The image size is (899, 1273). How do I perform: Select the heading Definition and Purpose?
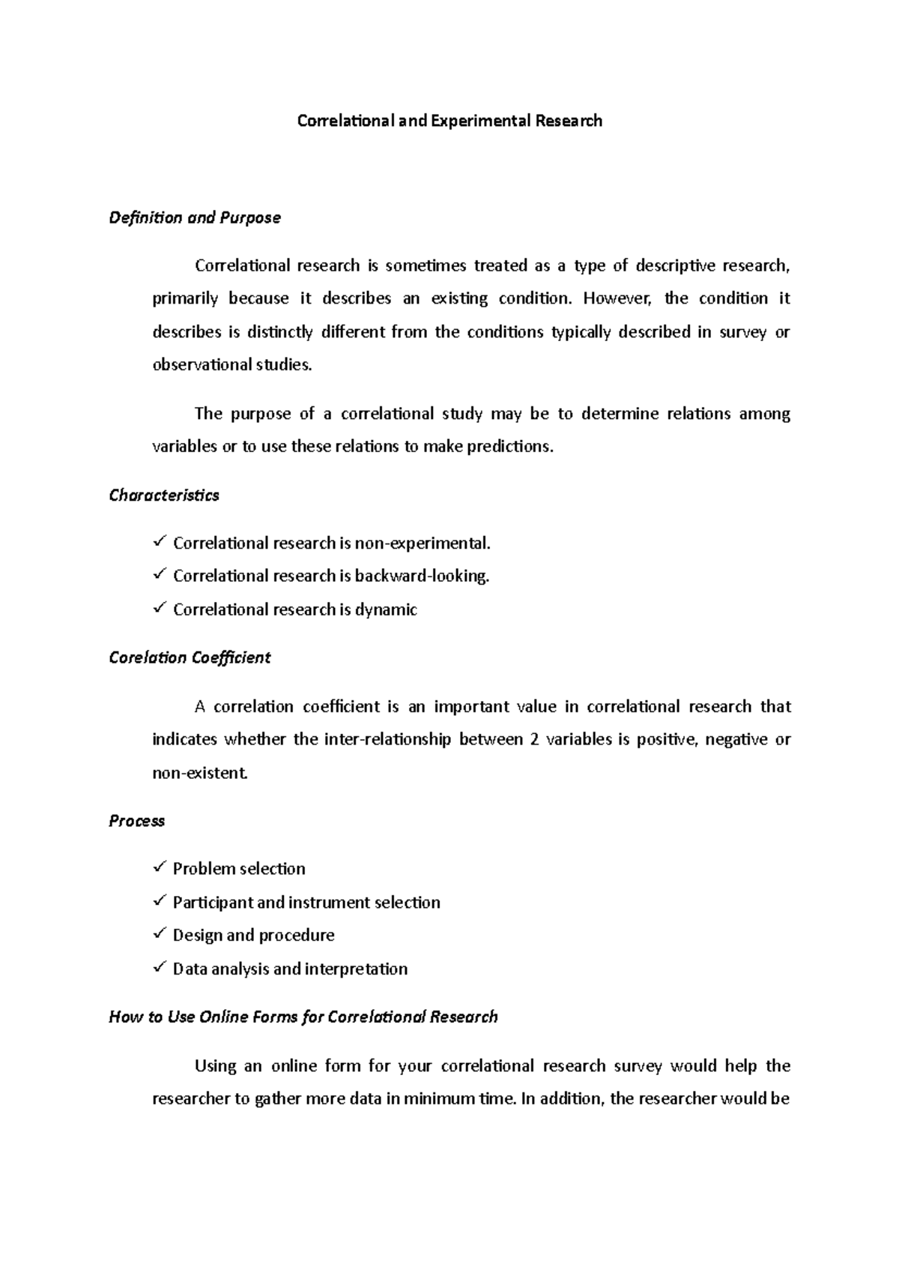(x=195, y=218)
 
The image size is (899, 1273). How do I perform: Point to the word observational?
(x=202, y=365)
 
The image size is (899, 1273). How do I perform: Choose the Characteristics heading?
(x=164, y=496)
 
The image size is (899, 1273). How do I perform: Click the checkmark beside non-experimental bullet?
(x=159, y=541)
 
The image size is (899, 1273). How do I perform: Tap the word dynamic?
(x=386, y=610)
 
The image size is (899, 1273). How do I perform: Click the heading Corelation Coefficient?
(x=190, y=657)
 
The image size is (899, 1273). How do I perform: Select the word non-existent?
(x=199, y=773)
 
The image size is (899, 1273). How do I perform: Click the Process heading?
(x=136, y=821)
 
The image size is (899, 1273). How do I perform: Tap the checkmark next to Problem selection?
(x=159, y=867)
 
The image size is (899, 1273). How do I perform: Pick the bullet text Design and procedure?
(x=253, y=936)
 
